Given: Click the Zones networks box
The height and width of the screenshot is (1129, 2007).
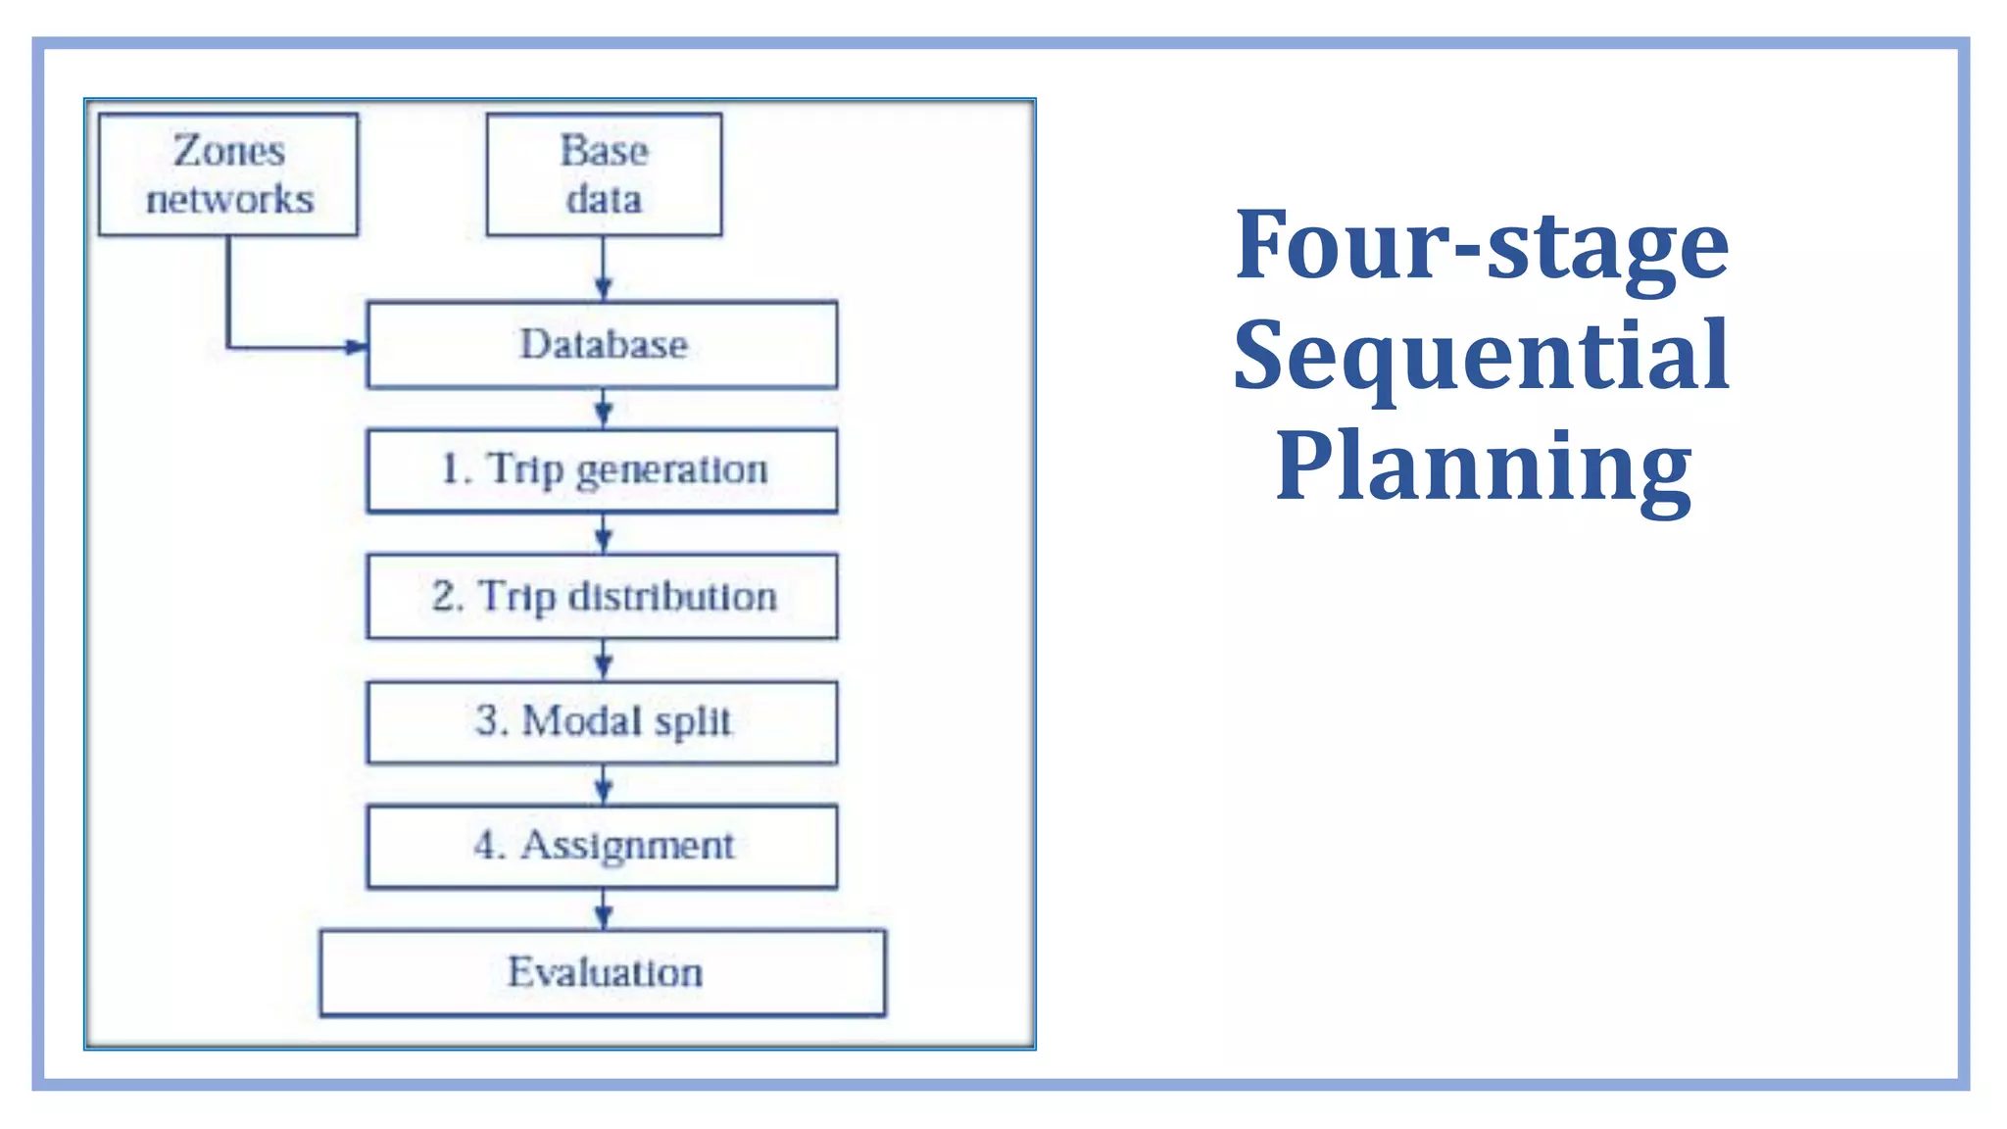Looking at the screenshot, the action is tap(228, 174).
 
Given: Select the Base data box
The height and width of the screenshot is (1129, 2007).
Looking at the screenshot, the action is tap(604, 174).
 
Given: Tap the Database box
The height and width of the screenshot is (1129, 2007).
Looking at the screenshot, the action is tap(602, 345).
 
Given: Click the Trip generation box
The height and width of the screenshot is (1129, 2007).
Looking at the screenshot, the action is tap(602, 470).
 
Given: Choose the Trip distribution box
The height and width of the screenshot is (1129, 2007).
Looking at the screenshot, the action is tap(602, 597).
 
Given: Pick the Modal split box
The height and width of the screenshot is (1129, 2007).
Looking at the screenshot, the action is tap(602, 722).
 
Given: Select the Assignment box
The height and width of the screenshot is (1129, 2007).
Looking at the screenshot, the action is tap(602, 847).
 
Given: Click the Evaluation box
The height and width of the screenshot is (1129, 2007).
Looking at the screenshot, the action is tap(603, 973).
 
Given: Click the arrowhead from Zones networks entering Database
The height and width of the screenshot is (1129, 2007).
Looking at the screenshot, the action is tap(356, 347).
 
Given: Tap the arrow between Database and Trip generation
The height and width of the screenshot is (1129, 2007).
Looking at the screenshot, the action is tap(604, 409).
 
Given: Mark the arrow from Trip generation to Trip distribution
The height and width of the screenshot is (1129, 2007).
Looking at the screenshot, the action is tap(604, 534).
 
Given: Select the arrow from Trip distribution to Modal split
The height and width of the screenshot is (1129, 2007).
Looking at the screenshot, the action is tap(604, 660).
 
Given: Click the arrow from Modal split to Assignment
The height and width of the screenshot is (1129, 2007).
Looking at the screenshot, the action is tap(604, 784).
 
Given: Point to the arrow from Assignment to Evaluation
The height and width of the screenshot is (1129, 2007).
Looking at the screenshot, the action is tap(604, 909).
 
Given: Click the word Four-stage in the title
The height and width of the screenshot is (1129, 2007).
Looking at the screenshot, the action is tap(1482, 245).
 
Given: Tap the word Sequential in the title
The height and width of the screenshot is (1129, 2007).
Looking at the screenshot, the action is tap(1482, 357).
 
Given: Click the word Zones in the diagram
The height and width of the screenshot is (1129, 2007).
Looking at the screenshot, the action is tap(229, 151).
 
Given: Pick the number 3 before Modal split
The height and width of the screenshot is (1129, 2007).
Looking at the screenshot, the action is tap(487, 720).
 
